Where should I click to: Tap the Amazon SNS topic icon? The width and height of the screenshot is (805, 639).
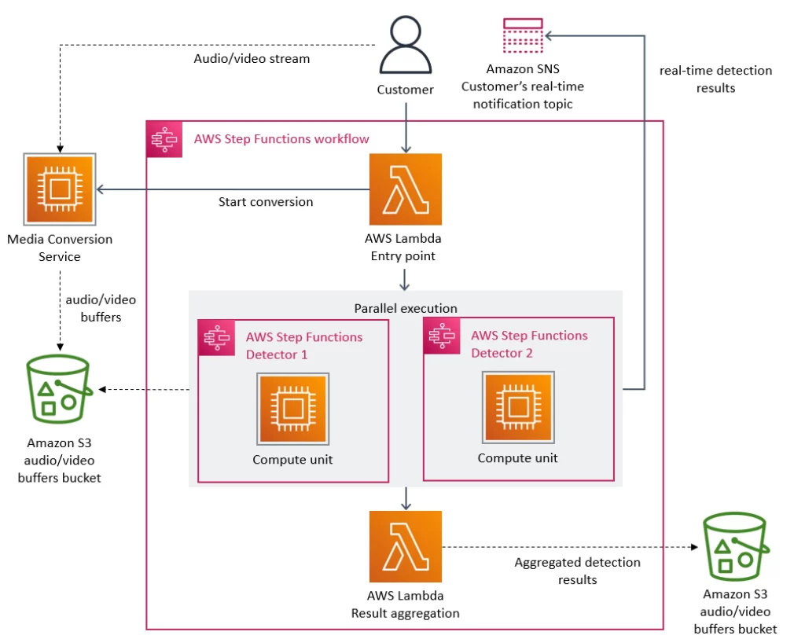coord(523,35)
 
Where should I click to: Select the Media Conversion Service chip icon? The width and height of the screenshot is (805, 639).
coord(60,189)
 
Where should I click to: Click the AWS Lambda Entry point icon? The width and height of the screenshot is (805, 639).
coord(405,189)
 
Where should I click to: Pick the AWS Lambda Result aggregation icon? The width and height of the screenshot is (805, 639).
coord(405,546)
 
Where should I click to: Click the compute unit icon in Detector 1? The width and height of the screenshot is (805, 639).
coord(292,409)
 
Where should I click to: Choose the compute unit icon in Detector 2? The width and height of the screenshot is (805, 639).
coord(518,407)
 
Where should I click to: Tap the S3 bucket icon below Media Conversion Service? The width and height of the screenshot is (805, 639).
coord(60,391)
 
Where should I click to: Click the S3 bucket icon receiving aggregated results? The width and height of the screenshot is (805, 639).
coord(735,545)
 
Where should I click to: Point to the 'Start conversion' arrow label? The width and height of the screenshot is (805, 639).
coord(266,202)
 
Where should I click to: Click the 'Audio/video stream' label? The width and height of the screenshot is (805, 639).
coord(252,58)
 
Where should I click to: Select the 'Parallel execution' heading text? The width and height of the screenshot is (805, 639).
coord(406,308)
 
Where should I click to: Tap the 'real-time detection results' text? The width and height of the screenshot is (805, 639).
coord(715,79)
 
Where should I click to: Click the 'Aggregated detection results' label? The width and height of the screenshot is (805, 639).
coord(577,571)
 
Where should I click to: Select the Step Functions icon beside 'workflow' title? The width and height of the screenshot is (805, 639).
coord(165,139)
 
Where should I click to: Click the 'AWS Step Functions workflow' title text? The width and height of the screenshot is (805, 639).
coord(281,139)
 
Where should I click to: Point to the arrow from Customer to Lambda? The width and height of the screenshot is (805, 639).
coord(405,126)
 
